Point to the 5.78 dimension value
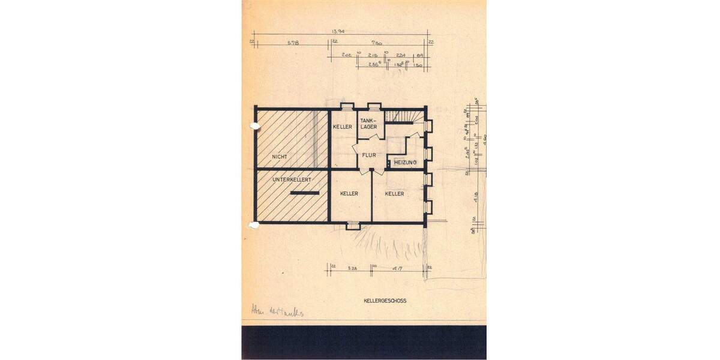point(293,43)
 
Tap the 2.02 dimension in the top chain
point(347,55)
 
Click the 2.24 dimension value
point(401,55)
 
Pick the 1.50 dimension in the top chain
point(419,64)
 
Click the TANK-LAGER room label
point(368,124)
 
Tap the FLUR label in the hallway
point(369,155)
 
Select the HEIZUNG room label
point(406,163)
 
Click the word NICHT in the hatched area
point(279,157)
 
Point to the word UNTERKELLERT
point(292,179)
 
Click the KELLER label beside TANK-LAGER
point(343,127)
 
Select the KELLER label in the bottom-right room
point(394,194)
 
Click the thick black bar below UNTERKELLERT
point(305,193)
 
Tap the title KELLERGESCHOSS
point(385,301)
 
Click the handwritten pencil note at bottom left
point(277,311)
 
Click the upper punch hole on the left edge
point(253,126)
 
